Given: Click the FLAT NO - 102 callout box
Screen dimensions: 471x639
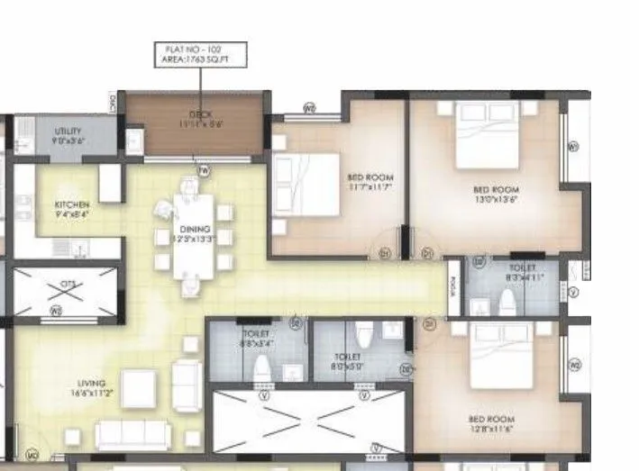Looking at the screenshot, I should (200, 53).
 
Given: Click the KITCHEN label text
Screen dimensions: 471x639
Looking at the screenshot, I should (72, 209).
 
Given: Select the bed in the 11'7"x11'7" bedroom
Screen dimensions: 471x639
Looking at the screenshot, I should (306, 185).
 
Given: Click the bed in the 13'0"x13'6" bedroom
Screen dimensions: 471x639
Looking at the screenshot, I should (487, 135).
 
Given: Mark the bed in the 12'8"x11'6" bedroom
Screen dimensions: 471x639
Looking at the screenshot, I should (503, 357).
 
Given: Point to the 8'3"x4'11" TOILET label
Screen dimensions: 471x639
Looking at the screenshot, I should (522, 273).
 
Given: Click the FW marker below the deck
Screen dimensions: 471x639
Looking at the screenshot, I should (204, 169).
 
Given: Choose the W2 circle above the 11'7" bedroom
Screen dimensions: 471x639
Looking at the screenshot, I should (309, 108).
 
